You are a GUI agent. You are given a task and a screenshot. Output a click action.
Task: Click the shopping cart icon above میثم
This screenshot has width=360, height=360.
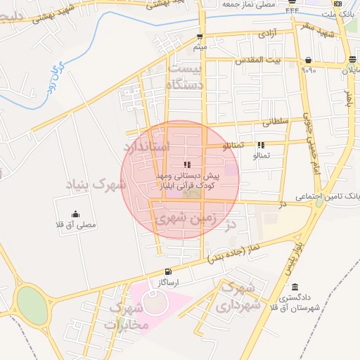(200, 37)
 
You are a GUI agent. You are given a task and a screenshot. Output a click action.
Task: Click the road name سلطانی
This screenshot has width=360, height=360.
(275, 122)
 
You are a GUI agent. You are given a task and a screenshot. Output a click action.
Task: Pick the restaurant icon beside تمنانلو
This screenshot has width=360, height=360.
(261, 145)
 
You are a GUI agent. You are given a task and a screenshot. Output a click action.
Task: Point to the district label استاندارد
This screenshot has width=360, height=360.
(147, 147)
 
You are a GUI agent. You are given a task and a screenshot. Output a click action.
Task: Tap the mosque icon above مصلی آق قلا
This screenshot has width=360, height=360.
(75, 214)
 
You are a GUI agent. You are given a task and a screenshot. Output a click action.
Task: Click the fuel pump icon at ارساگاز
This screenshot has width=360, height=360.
(167, 272)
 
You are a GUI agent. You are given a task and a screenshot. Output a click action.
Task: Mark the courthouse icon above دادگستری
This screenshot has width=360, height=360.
(295, 288)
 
